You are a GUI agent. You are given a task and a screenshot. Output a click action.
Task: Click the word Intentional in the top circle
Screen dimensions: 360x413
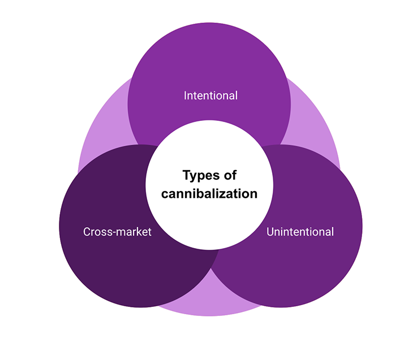(x=210, y=96)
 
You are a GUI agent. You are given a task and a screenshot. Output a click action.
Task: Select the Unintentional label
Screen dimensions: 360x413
(x=300, y=232)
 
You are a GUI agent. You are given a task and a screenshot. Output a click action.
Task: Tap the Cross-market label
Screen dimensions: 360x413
(x=117, y=232)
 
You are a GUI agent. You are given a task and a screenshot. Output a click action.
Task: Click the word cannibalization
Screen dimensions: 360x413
(x=209, y=194)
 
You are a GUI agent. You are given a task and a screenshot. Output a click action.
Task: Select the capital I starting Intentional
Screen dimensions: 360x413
(x=186, y=96)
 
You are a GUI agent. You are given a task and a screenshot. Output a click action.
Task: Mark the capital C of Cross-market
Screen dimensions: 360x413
(x=87, y=232)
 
